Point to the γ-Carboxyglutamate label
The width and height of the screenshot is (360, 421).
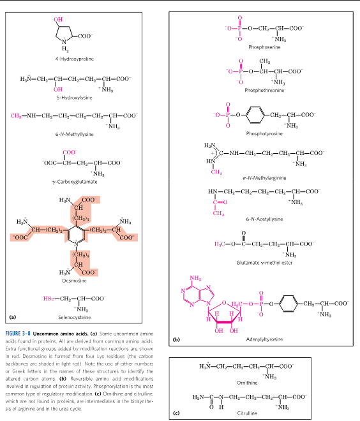point(75,182)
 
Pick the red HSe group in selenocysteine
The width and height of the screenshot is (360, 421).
point(48,298)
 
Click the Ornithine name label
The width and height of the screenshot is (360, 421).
point(265,382)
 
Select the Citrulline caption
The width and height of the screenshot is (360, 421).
point(265,413)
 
